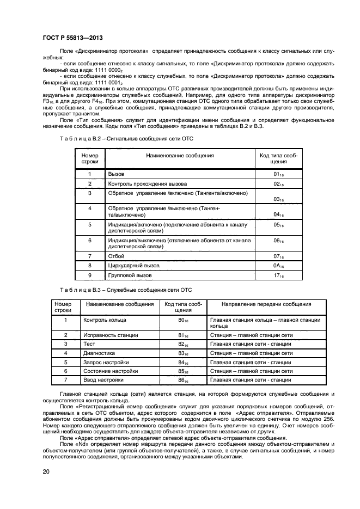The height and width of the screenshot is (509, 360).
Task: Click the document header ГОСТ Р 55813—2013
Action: [72, 38]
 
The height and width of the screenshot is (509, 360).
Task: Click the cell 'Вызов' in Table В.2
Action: [117, 174]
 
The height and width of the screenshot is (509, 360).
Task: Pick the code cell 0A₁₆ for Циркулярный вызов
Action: [278, 266]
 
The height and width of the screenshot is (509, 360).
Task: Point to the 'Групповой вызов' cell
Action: [130, 275]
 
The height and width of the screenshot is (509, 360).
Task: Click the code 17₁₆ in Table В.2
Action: [278, 276]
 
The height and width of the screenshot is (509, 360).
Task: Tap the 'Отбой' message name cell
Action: [117, 256]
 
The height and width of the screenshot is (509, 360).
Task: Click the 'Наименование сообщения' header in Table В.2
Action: [180, 156]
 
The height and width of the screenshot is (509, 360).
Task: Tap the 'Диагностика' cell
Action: [99, 353]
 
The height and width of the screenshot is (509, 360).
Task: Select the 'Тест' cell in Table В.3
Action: [89, 344]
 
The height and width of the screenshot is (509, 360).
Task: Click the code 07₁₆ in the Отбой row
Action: [278, 256]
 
